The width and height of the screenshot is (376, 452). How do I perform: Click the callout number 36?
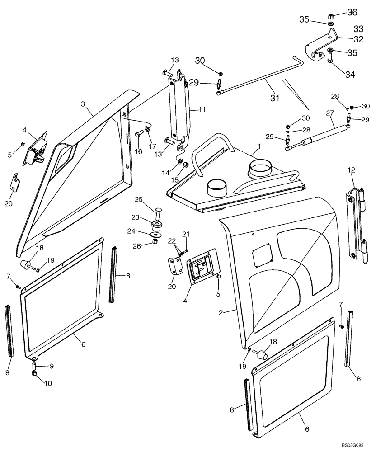(352, 12)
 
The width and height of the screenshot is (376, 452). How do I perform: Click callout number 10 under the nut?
(47, 383)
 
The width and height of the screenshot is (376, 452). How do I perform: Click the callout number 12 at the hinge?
(351, 170)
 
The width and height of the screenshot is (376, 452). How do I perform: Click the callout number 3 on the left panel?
(83, 104)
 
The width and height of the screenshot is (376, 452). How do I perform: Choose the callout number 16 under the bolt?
(138, 151)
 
